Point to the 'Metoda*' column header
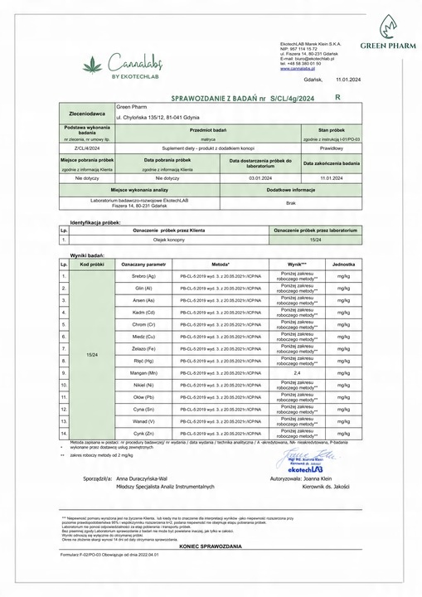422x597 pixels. point(221,262)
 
